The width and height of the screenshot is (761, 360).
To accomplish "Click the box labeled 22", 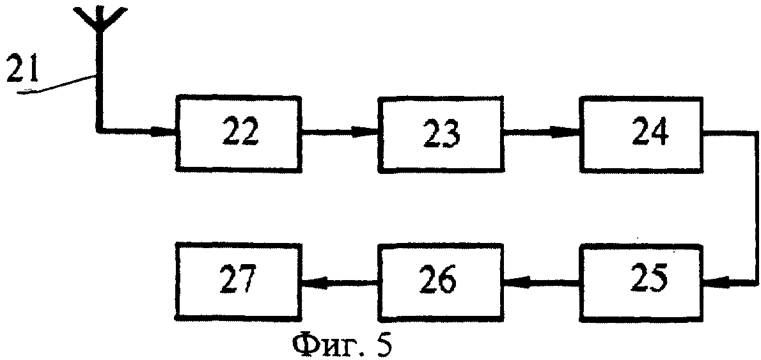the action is (238, 133).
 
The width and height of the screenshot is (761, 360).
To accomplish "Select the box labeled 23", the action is (441, 134).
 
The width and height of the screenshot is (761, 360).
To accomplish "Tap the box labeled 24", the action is (642, 133).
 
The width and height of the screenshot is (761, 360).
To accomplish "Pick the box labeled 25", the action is (641, 281).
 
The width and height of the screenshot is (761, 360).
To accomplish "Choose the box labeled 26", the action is (441, 281).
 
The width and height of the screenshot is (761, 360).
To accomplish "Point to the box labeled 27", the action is (239, 281).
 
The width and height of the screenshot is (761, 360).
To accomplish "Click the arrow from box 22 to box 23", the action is (340, 133).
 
